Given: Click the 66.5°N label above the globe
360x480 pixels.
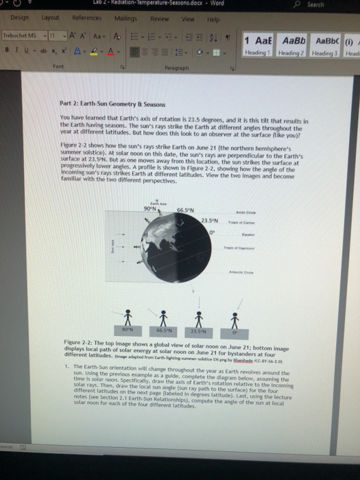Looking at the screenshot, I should click(x=184, y=192).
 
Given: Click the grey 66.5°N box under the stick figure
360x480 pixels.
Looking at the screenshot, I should click(x=165, y=329).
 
